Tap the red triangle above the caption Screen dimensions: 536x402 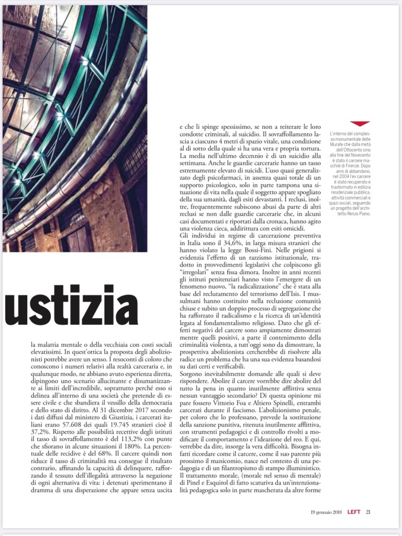[x=360, y=124]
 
